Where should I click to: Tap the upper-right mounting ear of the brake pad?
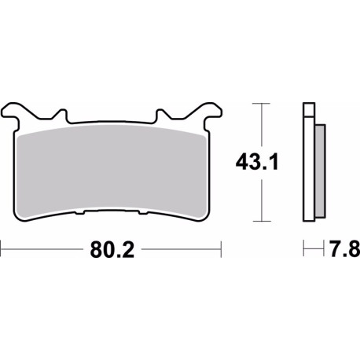pyautogui.click(x=208, y=112)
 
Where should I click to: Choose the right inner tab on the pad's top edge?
pyautogui.click(x=163, y=115)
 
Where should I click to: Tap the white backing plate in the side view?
pyautogui.click(x=308, y=169)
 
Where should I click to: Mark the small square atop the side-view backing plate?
pyautogui.click(x=309, y=109)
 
